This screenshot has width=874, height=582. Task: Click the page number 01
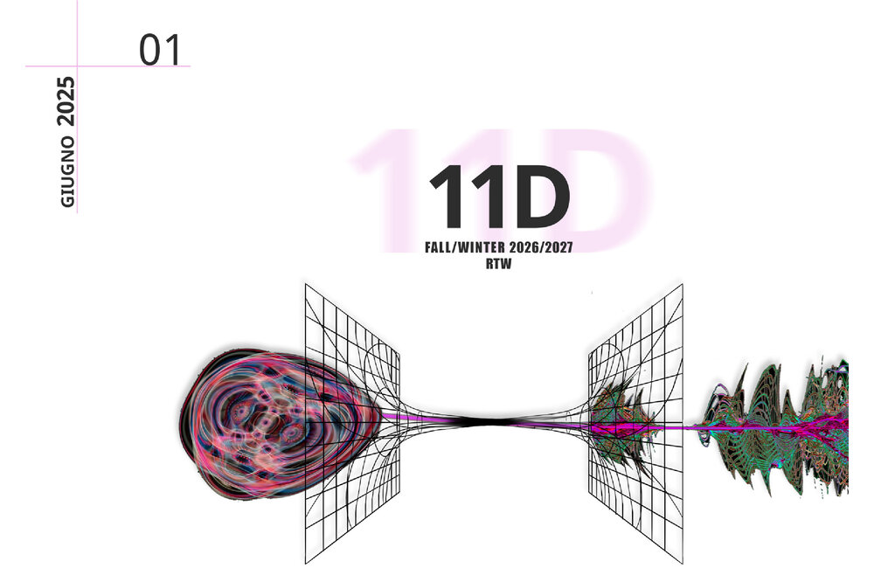(160, 50)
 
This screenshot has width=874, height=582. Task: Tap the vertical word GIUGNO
(67, 171)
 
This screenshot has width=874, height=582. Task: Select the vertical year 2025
(66, 100)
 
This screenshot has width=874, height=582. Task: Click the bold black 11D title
(499, 197)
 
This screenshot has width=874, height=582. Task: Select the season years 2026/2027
(541, 247)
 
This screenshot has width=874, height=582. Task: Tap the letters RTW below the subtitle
(498, 264)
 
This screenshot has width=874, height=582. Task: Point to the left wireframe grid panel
(352, 424)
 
